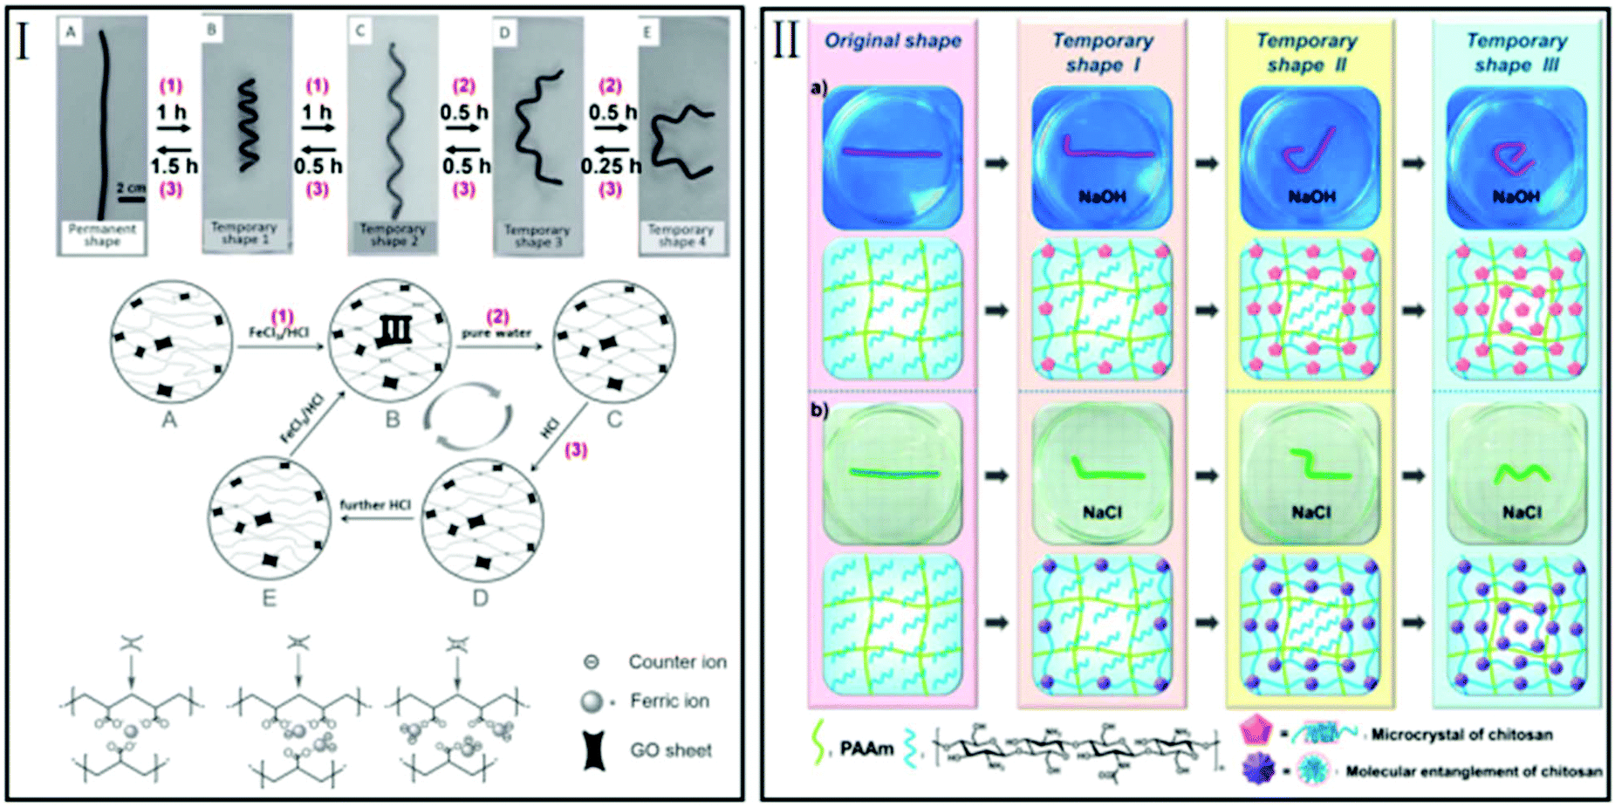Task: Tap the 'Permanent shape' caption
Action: (102, 236)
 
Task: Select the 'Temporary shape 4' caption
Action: (681, 236)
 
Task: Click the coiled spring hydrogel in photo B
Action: (248, 125)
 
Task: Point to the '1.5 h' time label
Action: (175, 166)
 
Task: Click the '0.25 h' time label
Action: (611, 166)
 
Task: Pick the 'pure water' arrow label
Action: (496, 333)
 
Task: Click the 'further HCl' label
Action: (375, 505)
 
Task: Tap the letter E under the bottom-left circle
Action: (269, 598)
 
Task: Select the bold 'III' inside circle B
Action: (393, 331)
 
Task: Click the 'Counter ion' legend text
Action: (677, 662)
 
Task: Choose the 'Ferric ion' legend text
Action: (669, 701)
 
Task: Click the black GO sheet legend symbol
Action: (595, 750)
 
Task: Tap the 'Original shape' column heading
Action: (893, 41)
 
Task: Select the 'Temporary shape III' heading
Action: (1516, 52)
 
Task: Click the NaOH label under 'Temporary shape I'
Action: (1102, 197)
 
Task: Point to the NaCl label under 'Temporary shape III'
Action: (1522, 513)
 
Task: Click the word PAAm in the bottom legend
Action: (866, 749)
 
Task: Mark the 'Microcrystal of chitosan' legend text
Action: (1461, 735)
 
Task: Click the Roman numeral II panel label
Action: (786, 41)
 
